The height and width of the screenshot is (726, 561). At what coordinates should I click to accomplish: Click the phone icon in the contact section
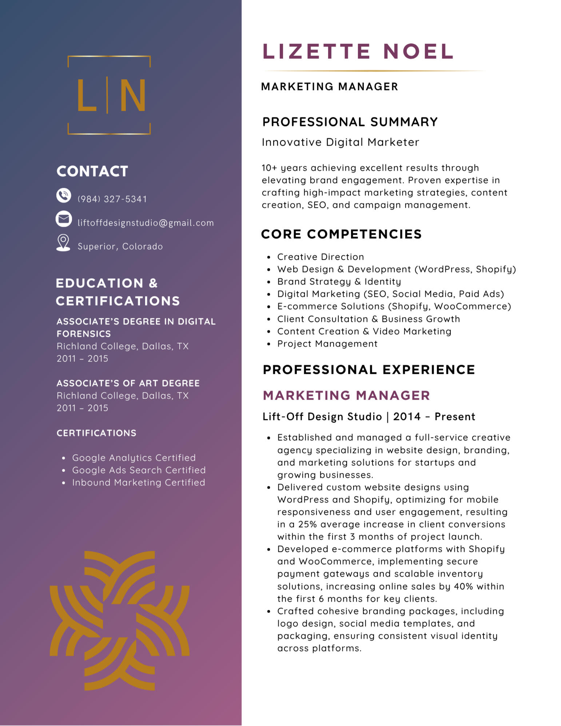(64, 195)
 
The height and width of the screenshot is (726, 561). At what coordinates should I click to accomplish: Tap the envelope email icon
(64, 219)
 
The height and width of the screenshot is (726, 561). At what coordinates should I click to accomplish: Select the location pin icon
(63, 242)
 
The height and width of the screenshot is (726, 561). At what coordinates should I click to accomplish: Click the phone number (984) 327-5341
(112, 199)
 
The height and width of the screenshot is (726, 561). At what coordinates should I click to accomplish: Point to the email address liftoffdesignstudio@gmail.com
(146, 223)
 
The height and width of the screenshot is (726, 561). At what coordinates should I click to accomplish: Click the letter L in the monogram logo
(86, 95)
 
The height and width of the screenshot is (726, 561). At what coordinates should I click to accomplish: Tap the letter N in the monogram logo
(132, 95)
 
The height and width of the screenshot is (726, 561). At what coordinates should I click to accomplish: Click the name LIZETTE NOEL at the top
(358, 51)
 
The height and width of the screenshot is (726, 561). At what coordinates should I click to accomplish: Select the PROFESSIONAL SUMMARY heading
(350, 122)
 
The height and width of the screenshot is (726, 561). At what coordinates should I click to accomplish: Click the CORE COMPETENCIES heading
(341, 234)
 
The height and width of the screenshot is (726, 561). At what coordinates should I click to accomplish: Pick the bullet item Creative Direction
(321, 257)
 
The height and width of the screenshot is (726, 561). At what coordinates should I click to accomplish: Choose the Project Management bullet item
(327, 344)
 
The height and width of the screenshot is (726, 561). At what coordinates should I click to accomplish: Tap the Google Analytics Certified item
(134, 457)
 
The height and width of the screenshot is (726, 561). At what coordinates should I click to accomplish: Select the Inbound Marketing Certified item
(139, 483)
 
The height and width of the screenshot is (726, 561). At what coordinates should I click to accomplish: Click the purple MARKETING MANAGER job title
(346, 395)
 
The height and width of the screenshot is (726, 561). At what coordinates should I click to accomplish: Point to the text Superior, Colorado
(120, 246)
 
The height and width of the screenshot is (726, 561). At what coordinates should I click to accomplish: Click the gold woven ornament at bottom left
(119, 620)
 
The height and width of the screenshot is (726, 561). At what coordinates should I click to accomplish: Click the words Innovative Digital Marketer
(340, 142)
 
